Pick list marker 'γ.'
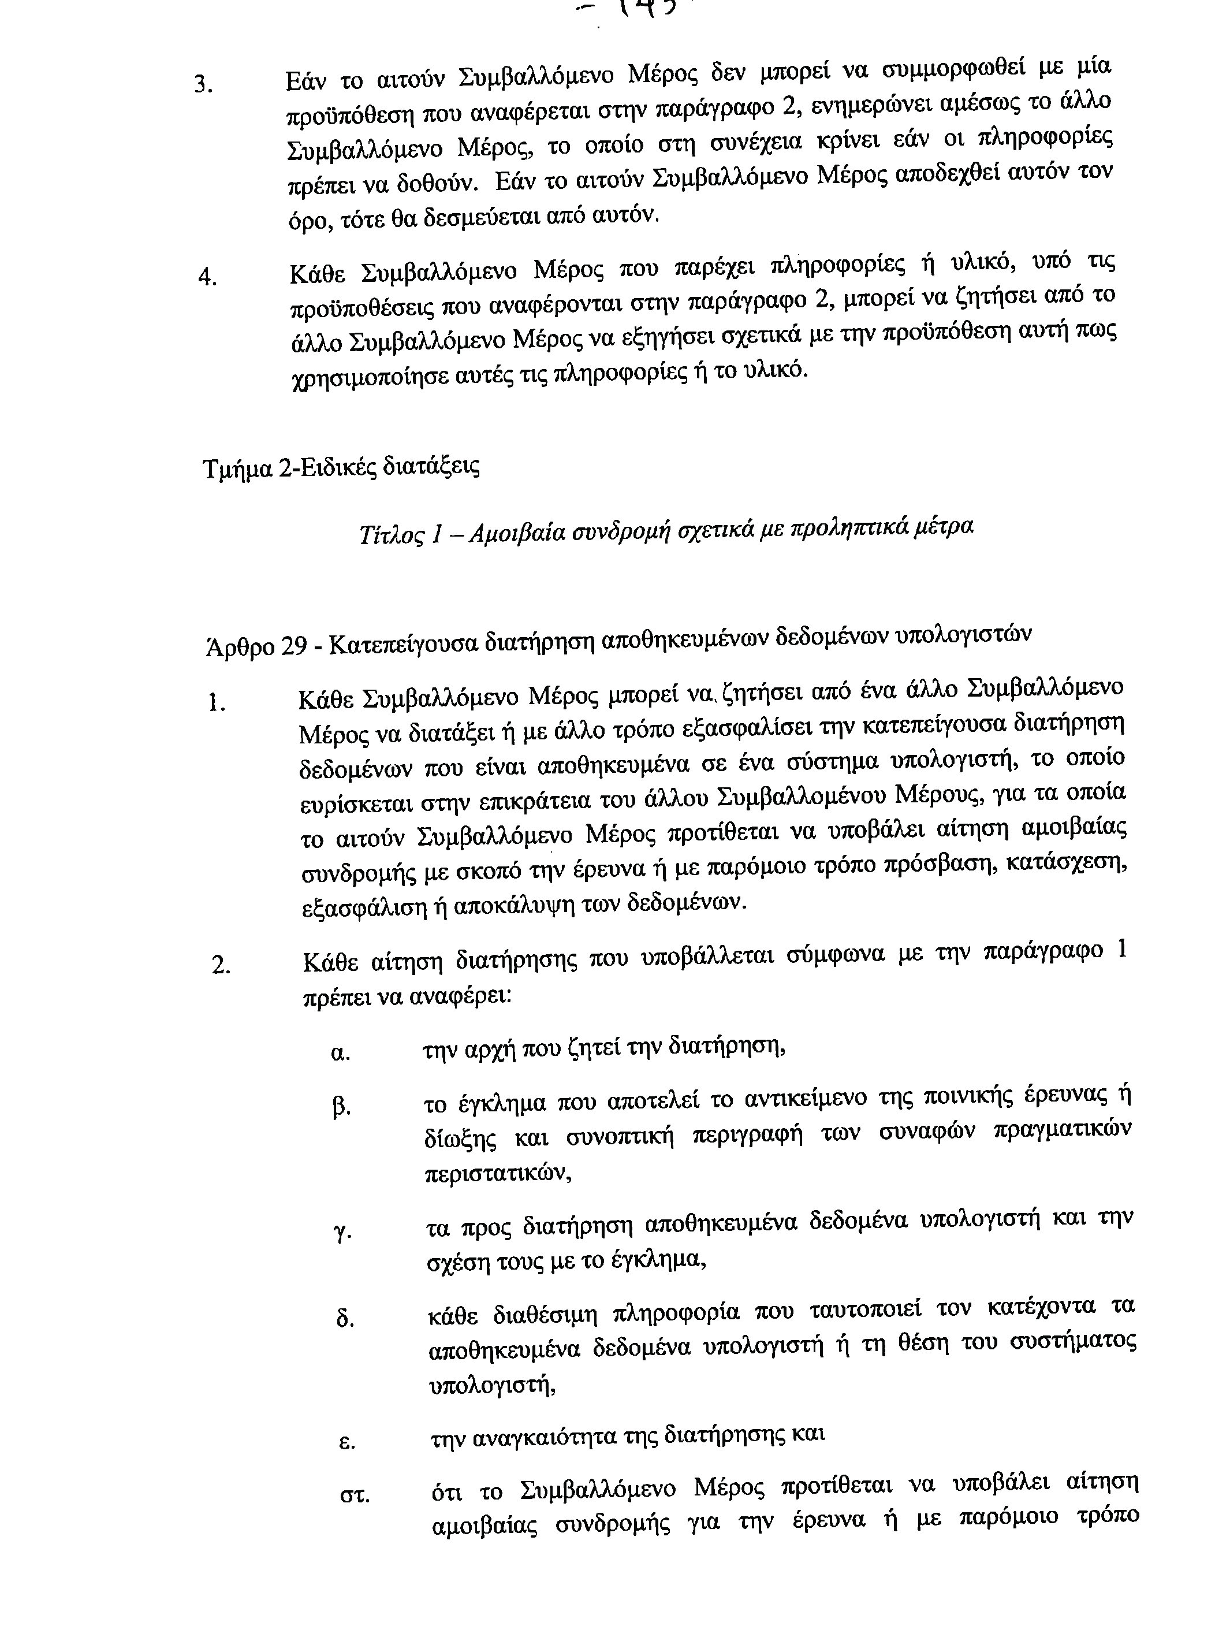tap(342, 1232)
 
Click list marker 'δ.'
tap(344, 1319)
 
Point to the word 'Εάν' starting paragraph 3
tap(306, 80)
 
